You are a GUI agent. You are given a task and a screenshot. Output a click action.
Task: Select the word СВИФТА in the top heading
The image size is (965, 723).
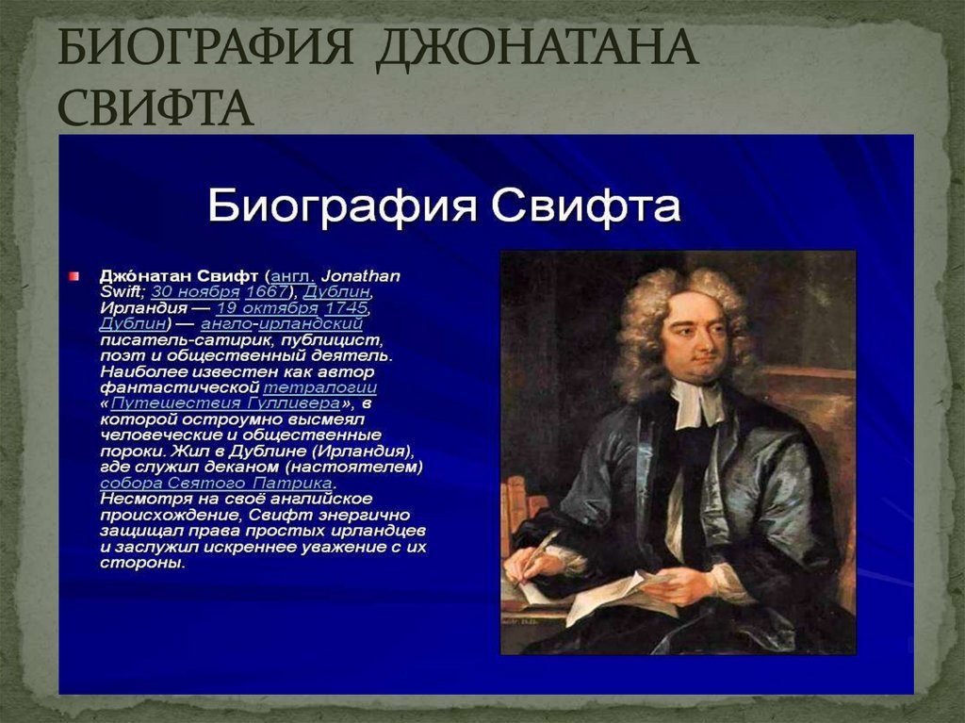point(156,108)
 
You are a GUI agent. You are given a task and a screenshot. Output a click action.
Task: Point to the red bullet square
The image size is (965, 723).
point(73,275)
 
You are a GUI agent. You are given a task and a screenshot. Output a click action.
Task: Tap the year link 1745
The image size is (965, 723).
point(346,308)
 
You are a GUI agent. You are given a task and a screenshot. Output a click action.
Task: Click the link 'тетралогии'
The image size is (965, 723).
point(320,387)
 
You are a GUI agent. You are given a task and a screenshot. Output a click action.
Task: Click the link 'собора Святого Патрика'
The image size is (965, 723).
point(216,483)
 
